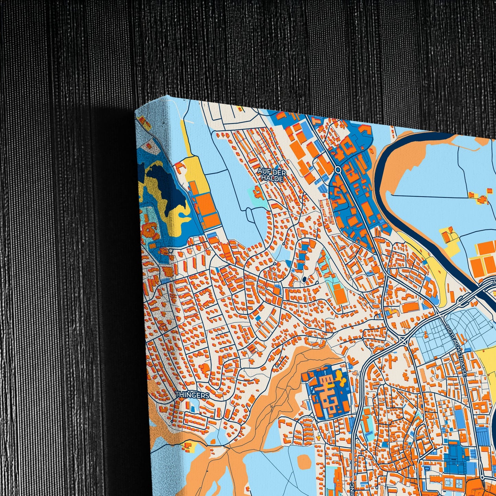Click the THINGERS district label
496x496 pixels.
click(192, 395)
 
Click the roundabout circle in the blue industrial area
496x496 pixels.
click(338, 170)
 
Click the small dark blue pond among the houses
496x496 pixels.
click(304, 279)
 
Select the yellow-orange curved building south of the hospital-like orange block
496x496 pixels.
click(392, 312)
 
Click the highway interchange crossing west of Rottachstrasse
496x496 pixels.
click(405, 340)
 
